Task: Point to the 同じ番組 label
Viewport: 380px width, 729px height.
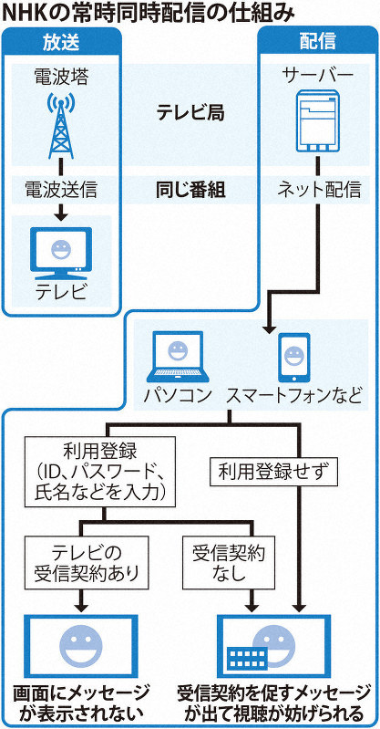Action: pos(189,192)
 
